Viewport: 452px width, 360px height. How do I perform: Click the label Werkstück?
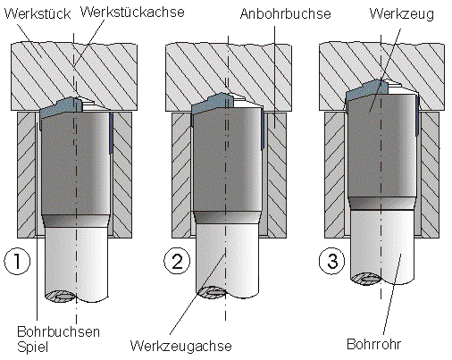click(x=38, y=13)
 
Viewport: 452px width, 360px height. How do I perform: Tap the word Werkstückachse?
click(x=132, y=12)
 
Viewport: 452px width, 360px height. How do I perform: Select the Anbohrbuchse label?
click(x=286, y=13)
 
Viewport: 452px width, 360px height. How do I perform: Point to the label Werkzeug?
click(x=402, y=14)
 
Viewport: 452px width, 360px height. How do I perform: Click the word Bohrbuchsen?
click(x=58, y=331)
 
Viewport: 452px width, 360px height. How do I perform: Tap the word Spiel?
click(x=32, y=347)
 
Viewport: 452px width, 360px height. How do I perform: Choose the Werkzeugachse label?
click(x=181, y=346)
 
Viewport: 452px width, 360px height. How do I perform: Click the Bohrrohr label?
click(x=374, y=344)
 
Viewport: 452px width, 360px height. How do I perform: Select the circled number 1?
click(x=17, y=261)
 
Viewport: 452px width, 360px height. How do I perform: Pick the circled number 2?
click(x=177, y=261)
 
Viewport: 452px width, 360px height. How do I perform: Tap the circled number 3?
click(x=332, y=261)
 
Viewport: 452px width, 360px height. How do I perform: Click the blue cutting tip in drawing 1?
click(x=61, y=107)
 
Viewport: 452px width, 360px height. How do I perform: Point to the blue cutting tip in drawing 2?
click(x=213, y=104)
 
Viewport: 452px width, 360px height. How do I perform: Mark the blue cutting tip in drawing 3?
click(x=367, y=89)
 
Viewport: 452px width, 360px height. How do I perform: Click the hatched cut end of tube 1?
click(x=60, y=296)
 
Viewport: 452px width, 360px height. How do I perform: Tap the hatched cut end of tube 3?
click(x=365, y=280)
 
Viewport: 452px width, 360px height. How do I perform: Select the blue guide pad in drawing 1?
click(x=111, y=133)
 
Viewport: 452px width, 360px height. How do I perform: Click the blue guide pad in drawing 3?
click(x=417, y=115)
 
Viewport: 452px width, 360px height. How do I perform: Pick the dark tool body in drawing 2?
click(x=228, y=163)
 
